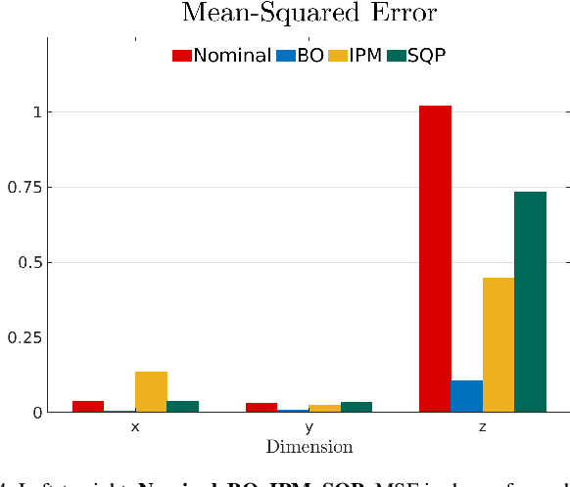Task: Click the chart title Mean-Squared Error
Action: click(x=309, y=14)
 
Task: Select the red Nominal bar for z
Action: click(x=435, y=259)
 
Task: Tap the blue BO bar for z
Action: click(x=467, y=396)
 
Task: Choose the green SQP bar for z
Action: click(x=530, y=302)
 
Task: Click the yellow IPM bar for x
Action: click(x=151, y=392)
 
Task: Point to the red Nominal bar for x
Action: click(x=88, y=406)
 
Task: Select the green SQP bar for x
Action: click(x=183, y=406)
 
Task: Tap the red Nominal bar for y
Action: click(x=261, y=407)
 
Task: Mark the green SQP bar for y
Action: click(x=356, y=407)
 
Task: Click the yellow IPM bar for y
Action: click(x=324, y=408)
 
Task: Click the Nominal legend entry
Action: click(x=222, y=56)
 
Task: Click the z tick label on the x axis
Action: click(x=483, y=428)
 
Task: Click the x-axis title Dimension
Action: click(x=309, y=447)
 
